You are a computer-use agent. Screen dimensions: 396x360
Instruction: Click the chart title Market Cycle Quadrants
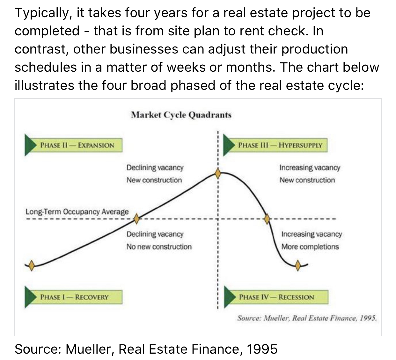(x=181, y=115)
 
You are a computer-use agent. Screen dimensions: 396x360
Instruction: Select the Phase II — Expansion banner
(x=73, y=145)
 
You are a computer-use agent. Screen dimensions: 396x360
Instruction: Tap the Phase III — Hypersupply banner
(x=275, y=145)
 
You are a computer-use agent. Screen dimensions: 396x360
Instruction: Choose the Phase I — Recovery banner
(x=73, y=297)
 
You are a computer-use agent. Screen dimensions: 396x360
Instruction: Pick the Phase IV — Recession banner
(x=276, y=297)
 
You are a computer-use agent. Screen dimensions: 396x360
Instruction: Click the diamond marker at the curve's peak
(x=218, y=173)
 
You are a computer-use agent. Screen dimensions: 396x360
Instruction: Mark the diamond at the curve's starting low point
(x=32, y=265)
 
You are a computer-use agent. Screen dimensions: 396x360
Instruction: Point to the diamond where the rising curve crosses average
(x=136, y=219)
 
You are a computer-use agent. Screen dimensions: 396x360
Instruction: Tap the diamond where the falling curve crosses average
(x=267, y=219)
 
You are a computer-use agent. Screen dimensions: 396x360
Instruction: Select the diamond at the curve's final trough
(x=298, y=265)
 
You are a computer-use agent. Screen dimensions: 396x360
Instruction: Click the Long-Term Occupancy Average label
(x=77, y=212)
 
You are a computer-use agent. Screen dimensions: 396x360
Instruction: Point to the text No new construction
(x=159, y=247)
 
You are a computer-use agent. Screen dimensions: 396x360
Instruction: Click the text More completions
(x=310, y=247)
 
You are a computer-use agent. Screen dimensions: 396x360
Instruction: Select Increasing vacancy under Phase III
(x=310, y=168)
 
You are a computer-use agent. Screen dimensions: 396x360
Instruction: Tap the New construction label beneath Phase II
(x=154, y=180)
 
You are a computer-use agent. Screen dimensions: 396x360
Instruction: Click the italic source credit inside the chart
(x=307, y=318)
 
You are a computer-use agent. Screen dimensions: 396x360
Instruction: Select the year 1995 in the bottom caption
(x=262, y=349)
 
